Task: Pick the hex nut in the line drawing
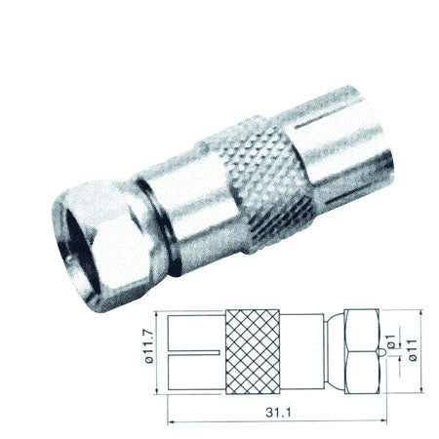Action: (362, 349)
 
